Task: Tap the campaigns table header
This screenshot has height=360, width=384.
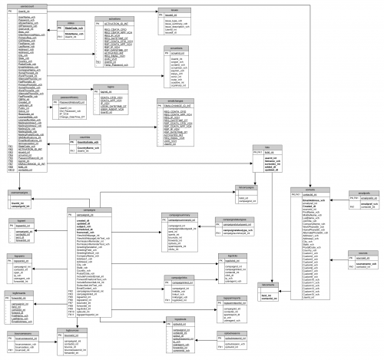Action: point(85,187)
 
